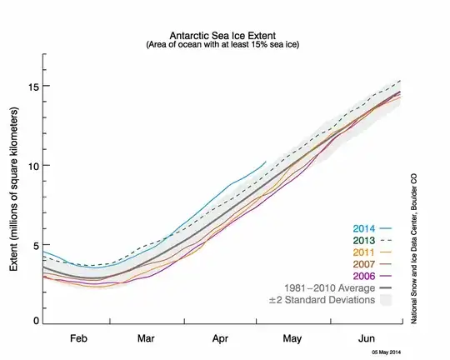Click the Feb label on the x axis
click(x=78, y=340)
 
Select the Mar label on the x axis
click(x=147, y=340)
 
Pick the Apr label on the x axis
click(x=220, y=340)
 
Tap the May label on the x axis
click(x=292, y=340)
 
